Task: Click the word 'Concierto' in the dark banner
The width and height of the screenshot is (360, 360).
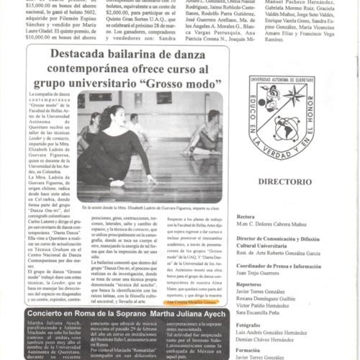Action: [53, 313]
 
